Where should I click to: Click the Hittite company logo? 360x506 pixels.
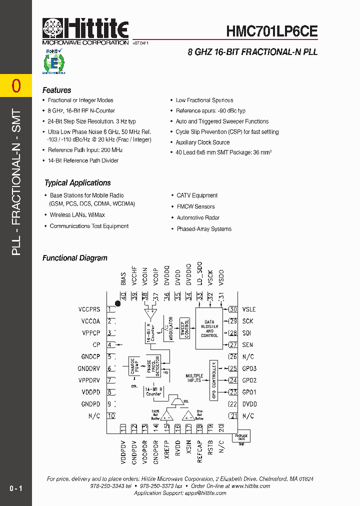[85, 31]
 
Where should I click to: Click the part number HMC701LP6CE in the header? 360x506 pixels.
[272, 31]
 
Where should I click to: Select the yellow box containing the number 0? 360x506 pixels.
[16, 86]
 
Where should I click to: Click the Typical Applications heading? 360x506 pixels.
[77, 183]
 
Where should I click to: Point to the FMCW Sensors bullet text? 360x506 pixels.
[195, 206]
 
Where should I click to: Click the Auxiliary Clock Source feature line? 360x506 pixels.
[202, 142]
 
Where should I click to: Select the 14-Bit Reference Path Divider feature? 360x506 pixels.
[83, 160]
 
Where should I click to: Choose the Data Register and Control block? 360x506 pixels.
[209, 328]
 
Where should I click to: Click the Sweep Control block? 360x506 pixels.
[185, 328]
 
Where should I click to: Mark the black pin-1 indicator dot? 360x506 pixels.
[118, 303]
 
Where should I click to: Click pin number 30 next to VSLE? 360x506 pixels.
[233, 309]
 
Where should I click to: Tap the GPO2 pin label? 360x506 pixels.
[249, 380]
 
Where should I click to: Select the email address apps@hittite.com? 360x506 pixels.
[199, 493]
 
